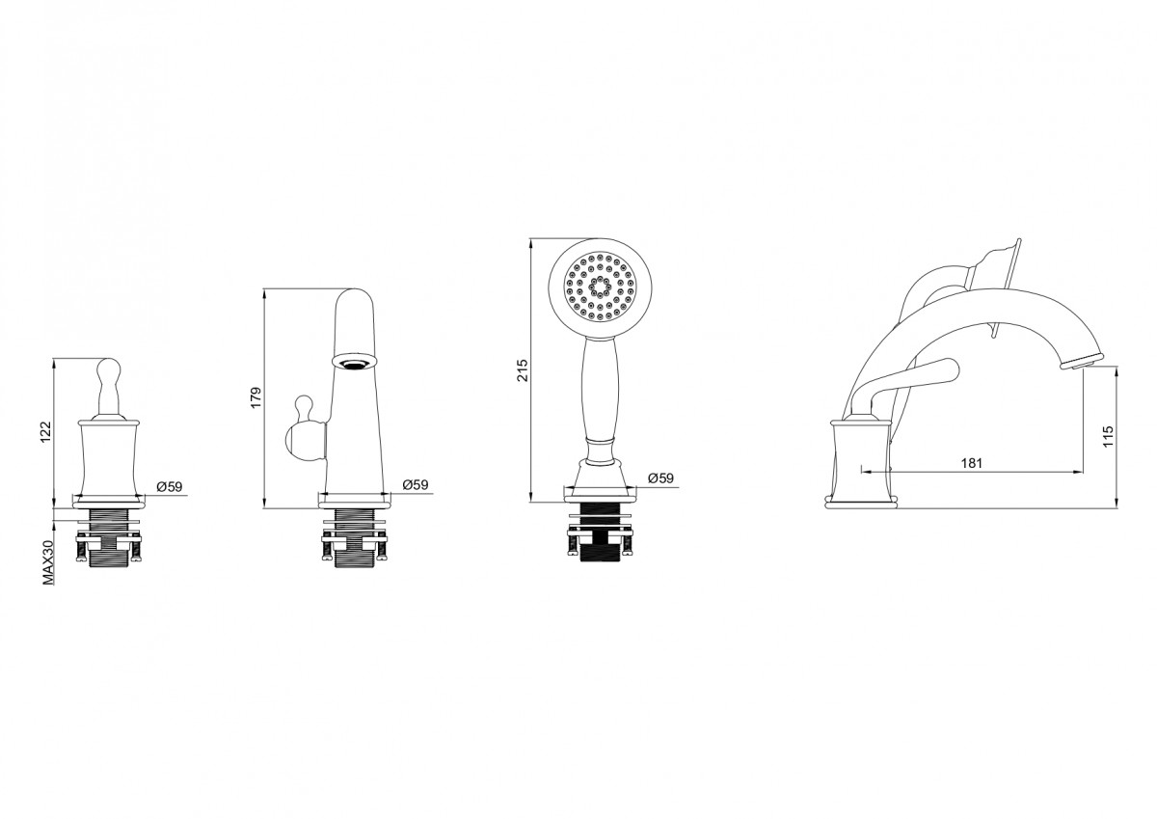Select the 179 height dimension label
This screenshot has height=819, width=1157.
tap(256, 398)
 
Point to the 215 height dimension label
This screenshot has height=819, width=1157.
tap(523, 371)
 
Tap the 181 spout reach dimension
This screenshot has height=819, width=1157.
tap(971, 463)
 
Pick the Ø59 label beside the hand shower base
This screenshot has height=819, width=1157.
tap(660, 478)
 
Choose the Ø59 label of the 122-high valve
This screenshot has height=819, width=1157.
tap(170, 487)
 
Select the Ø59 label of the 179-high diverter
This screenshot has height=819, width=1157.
tap(414, 484)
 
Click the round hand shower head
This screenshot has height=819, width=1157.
tap(599, 287)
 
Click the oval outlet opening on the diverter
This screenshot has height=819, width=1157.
tap(354, 362)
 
